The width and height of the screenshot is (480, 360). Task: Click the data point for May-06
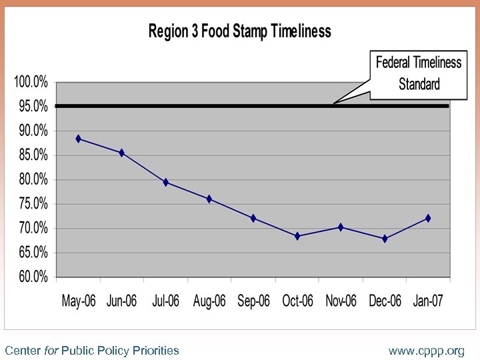click(x=79, y=139)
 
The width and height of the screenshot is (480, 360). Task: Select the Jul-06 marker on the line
click(x=166, y=182)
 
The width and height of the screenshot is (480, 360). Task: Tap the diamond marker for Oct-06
click(x=297, y=236)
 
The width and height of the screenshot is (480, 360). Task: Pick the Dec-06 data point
click(x=385, y=239)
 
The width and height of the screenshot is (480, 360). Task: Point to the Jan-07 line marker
click(x=428, y=218)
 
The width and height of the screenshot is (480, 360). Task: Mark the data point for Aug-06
click(x=209, y=199)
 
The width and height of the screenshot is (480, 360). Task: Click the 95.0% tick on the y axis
click(x=31, y=106)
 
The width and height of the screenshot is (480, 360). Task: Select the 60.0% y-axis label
click(x=31, y=277)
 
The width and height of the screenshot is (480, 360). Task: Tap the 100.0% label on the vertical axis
click(x=30, y=82)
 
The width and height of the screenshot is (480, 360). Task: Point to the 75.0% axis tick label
click(x=31, y=203)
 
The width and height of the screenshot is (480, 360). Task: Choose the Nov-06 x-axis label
click(x=341, y=301)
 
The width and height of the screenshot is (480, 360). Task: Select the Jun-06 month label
click(x=122, y=301)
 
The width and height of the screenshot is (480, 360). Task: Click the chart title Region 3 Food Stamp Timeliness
click(x=239, y=31)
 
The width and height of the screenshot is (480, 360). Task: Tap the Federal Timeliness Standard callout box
click(x=418, y=73)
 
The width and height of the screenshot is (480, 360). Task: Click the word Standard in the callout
click(x=419, y=84)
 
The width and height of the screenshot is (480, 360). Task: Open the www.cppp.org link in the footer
click(x=427, y=350)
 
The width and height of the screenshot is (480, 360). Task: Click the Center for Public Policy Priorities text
click(x=92, y=350)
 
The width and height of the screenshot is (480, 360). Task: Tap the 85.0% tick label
click(x=31, y=155)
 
